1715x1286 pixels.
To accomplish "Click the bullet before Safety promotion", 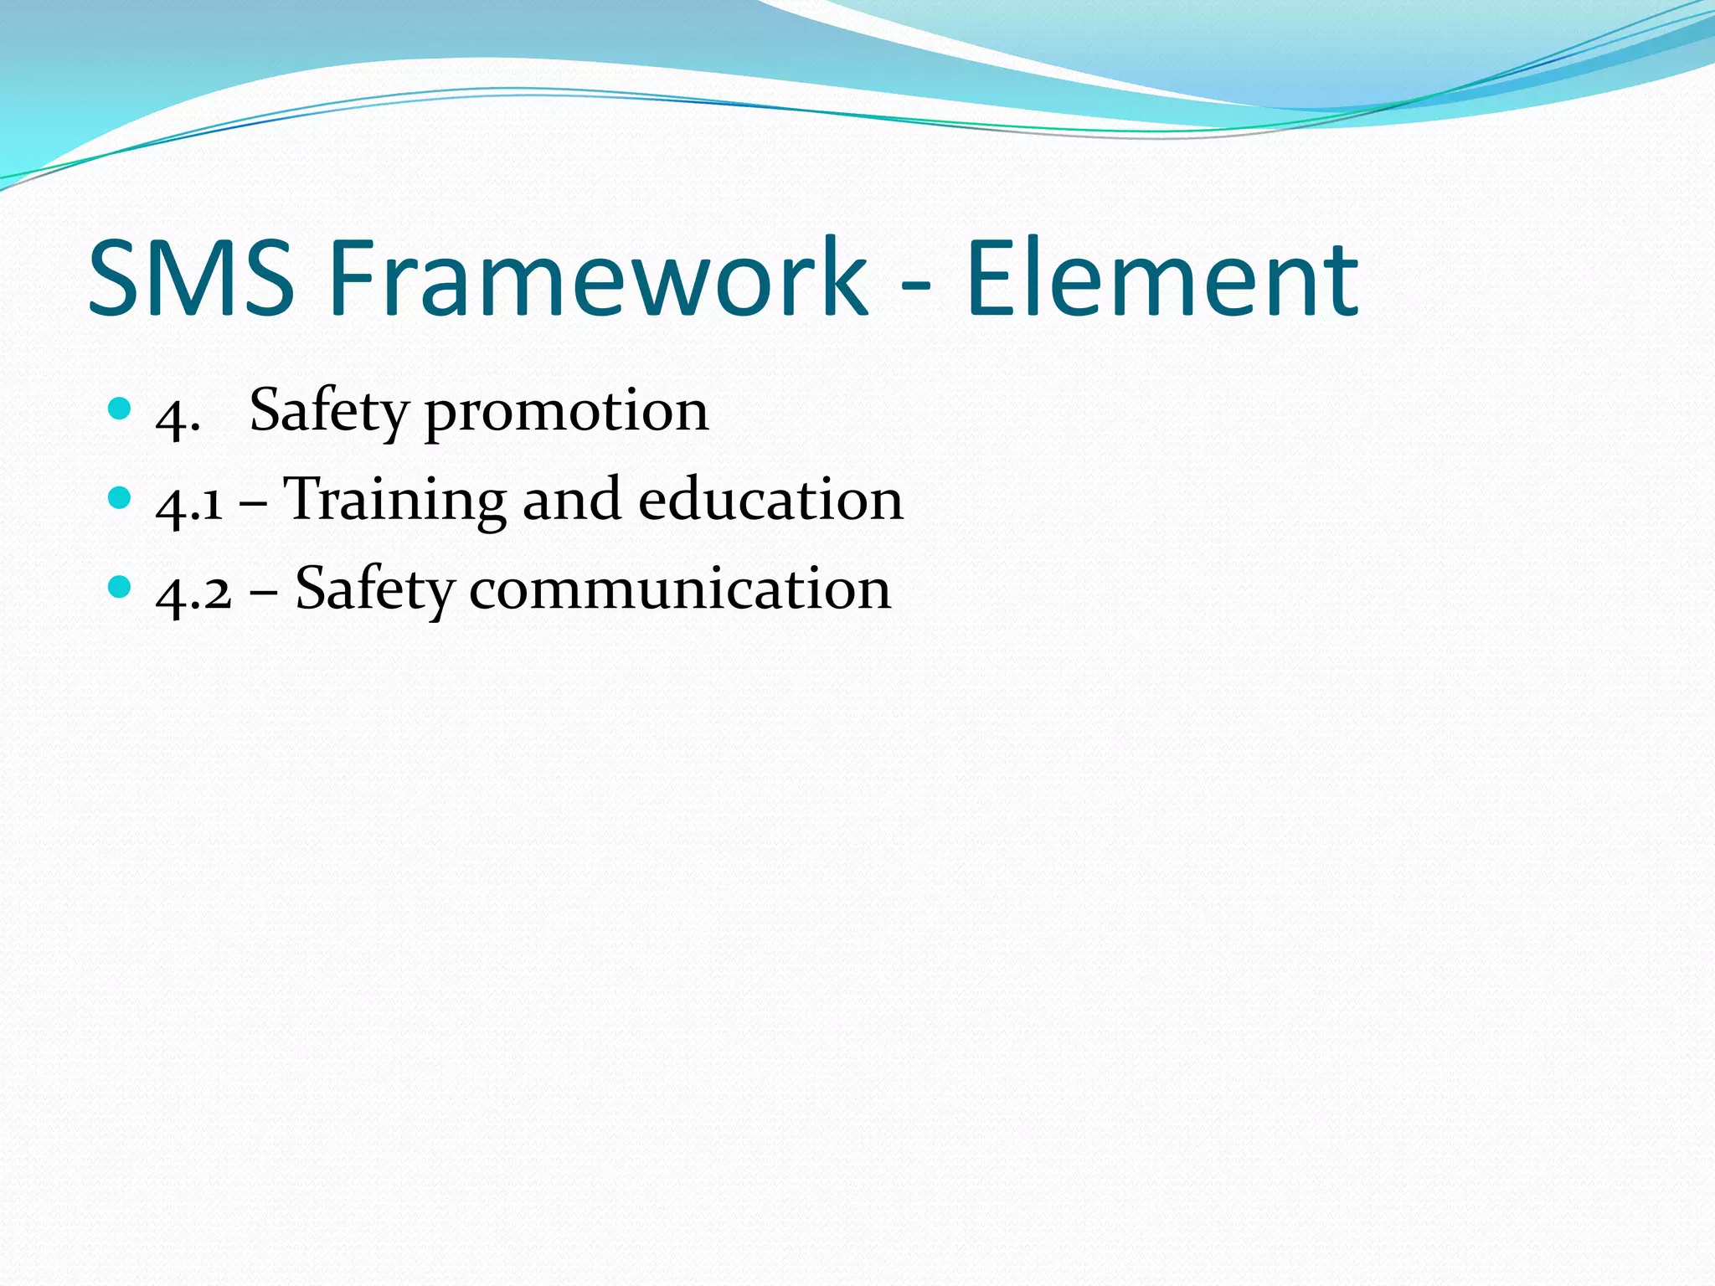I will (x=121, y=409).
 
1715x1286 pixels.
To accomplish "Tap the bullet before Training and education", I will (x=121, y=498).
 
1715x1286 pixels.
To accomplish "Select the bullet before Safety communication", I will (x=121, y=587).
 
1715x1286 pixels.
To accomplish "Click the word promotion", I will (x=567, y=413).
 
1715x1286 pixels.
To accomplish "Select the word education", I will (x=770, y=501).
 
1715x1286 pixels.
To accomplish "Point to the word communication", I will (x=680, y=589).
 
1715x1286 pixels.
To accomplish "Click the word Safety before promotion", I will (x=328, y=413).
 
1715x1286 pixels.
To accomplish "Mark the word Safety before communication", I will (x=374, y=589).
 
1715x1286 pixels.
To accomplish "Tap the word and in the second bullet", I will (x=572, y=501).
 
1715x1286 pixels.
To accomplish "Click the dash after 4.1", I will (x=253, y=506).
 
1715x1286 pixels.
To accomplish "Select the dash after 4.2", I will (x=263, y=594).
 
